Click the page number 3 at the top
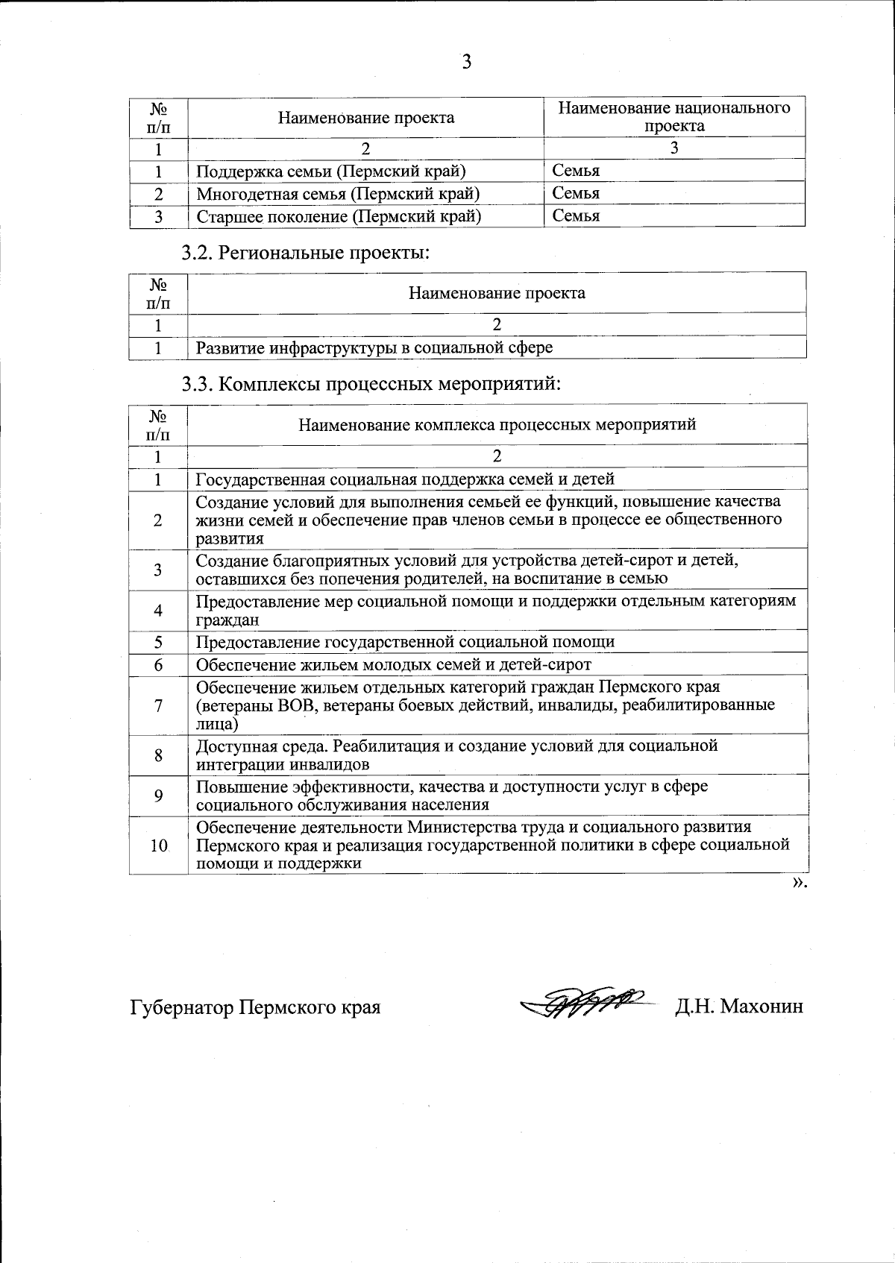click(x=466, y=62)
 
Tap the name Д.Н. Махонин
click(x=739, y=1007)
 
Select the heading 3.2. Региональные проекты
click(x=306, y=253)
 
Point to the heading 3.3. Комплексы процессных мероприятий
click(x=371, y=384)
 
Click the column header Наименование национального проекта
click(x=674, y=117)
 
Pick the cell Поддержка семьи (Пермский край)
click(x=330, y=171)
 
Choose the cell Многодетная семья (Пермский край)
click(x=337, y=194)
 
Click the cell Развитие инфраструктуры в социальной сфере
click(x=374, y=347)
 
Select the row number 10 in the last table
click(x=159, y=845)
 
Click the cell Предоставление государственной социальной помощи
click(x=405, y=642)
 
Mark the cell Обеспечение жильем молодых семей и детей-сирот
click(x=393, y=664)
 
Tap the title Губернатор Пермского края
click(x=255, y=1007)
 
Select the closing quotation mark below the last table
click(x=799, y=883)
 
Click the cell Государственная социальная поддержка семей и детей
click(x=405, y=479)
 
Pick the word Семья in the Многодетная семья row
click(x=576, y=194)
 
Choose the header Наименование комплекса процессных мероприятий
click(x=497, y=425)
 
